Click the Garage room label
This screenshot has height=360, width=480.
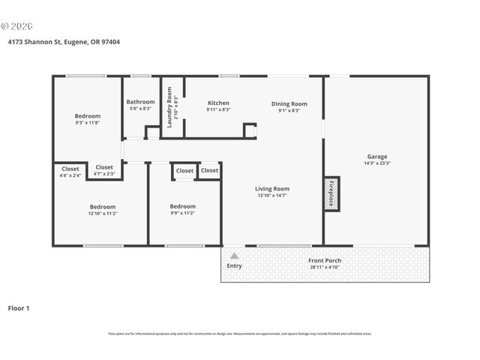pos(376,156)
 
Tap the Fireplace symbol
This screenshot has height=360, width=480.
pos(331,193)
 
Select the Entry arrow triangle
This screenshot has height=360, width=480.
pos(234,256)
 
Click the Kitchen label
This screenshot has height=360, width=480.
pos(218,103)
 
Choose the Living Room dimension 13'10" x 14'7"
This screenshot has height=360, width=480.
pos(271,196)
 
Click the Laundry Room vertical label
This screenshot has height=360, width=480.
pos(169,107)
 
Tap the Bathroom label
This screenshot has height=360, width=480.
pos(140,102)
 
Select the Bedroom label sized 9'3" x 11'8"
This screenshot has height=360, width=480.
pos(87,115)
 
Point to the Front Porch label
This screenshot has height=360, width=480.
pos(325,260)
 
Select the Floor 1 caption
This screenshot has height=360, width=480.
pos(19,307)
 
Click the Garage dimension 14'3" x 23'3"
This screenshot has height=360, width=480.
pos(376,163)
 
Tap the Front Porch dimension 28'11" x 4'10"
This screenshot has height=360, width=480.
pos(325,267)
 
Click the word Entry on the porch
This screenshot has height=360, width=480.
pos(235,265)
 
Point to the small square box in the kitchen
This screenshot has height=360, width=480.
pos(250,130)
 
